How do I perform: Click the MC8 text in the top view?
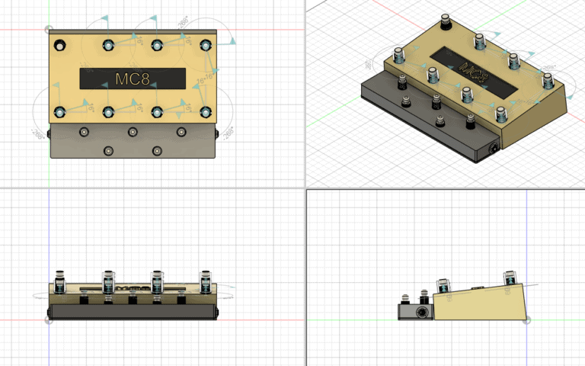(133, 79)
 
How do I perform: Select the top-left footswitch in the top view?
(59, 44)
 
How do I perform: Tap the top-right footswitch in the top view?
(206, 44)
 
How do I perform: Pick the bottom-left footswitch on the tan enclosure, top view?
(59, 112)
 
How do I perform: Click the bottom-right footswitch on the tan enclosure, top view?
(206, 112)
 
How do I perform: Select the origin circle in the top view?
(50, 30)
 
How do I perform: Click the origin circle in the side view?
(527, 319)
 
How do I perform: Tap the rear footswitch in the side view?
(507, 281)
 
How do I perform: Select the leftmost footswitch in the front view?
(59, 281)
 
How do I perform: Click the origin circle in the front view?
(50, 319)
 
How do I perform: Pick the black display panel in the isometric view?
(468, 71)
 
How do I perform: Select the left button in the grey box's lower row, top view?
(107, 151)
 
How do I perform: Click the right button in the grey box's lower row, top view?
(157, 151)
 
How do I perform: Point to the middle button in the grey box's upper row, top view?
(133, 132)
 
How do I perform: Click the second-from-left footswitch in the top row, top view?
(107, 44)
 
